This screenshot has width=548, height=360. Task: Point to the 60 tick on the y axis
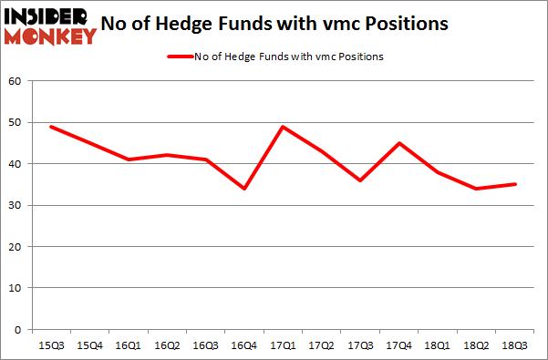(x=16, y=81)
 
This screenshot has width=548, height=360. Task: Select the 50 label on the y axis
(x=16, y=123)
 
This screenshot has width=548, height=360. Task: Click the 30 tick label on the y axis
(x=16, y=205)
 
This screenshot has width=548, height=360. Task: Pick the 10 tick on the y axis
(x=16, y=288)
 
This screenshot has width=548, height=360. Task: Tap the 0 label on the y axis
(x=18, y=329)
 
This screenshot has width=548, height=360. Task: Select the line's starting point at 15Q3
(x=50, y=127)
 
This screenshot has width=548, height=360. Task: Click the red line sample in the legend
(x=179, y=57)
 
